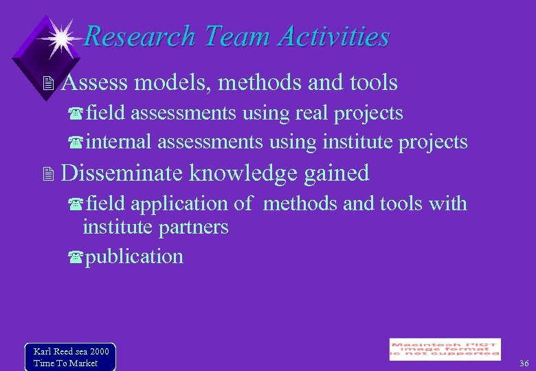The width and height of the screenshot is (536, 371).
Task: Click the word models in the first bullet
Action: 173,83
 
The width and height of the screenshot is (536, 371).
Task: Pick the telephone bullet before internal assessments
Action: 76,143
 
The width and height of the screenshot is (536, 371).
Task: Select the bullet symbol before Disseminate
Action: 47,174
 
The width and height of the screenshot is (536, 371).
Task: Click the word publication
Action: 135,257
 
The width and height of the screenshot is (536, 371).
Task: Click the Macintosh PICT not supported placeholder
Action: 445,349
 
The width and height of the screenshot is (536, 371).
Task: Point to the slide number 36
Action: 524,363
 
